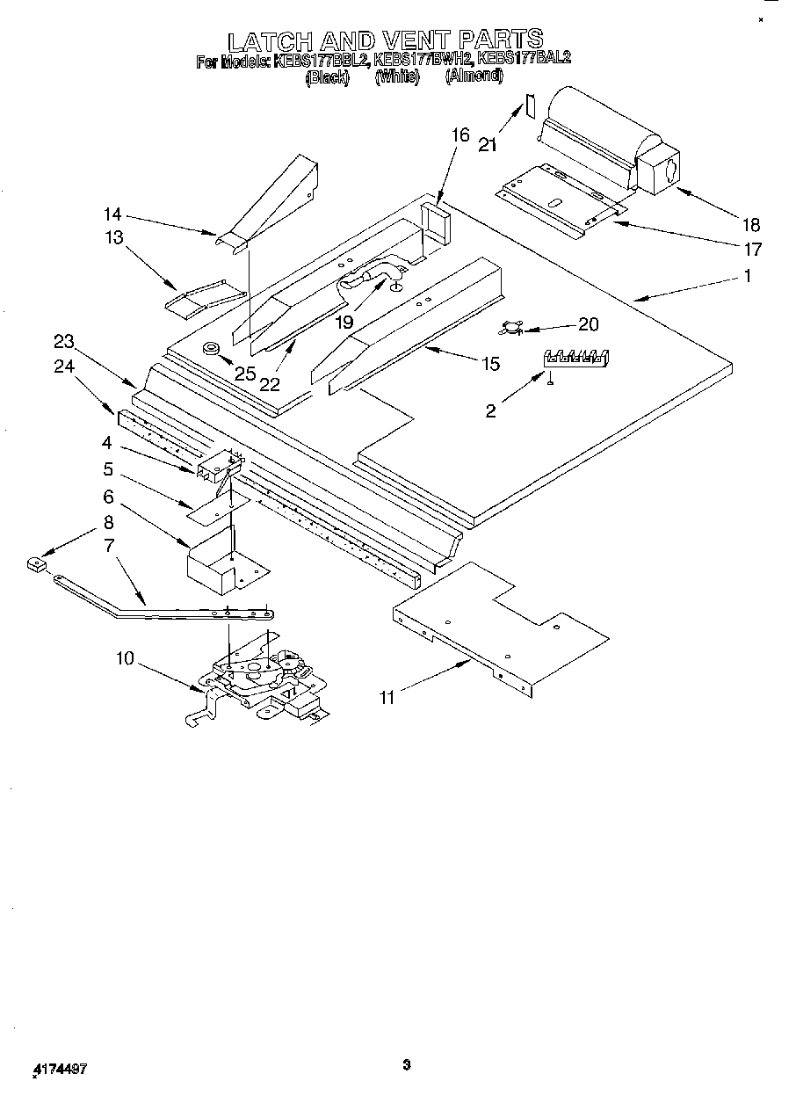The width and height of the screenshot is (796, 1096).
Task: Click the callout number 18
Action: pos(749,224)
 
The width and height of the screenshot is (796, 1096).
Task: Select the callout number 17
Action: pos(752,250)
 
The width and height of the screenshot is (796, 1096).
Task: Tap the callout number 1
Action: pos(747,276)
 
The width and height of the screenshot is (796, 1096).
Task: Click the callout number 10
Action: pos(127,657)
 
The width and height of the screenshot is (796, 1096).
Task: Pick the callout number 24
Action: pos(63,367)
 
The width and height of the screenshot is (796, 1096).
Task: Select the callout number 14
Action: pos(112,214)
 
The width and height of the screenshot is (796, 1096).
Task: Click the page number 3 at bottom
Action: pos(406,1065)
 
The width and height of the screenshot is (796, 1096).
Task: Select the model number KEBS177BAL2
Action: pos(524,61)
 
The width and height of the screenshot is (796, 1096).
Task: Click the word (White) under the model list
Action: pos(396,77)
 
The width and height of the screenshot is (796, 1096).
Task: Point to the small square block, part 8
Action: pos(36,565)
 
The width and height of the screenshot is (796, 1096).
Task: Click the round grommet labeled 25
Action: pos(212,349)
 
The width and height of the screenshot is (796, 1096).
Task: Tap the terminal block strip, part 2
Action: pos(577,357)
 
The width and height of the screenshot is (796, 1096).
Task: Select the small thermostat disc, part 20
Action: pos(510,329)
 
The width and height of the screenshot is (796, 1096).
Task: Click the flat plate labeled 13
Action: pos(204,296)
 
